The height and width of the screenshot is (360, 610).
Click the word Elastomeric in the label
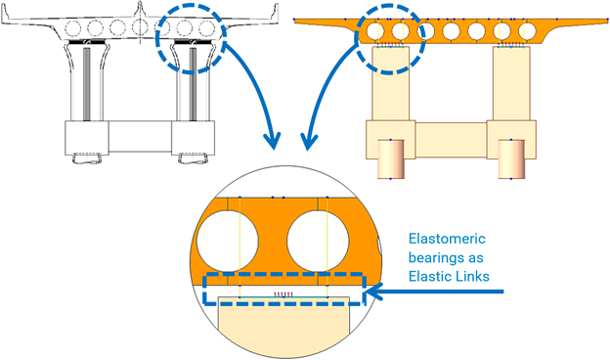click(449, 237)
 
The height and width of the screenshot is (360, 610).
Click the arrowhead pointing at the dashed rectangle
click(374, 290)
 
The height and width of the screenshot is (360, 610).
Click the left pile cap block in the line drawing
click(85, 136)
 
